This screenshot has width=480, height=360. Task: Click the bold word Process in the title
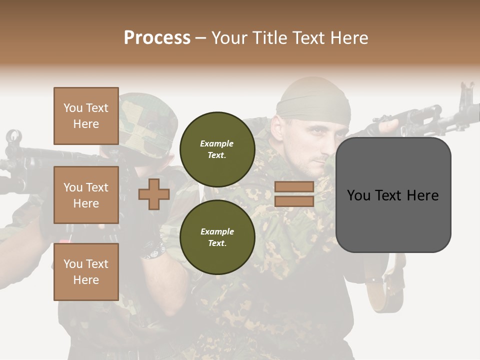point(157,38)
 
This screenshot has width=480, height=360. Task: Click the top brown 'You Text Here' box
point(86,116)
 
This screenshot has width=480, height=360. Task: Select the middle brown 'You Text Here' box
point(86,195)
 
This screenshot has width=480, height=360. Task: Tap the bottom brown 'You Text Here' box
point(86,271)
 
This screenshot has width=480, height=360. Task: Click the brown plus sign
point(154,194)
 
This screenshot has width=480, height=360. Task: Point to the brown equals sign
point(294,194)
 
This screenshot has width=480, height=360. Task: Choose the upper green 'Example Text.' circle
point(217,149)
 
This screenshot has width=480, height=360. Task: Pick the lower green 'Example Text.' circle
point(217,237)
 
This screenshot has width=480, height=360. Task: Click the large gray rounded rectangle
point(393,195)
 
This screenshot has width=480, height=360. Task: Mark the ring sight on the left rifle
point(14,136)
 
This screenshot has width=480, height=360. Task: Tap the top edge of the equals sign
point(294,182)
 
